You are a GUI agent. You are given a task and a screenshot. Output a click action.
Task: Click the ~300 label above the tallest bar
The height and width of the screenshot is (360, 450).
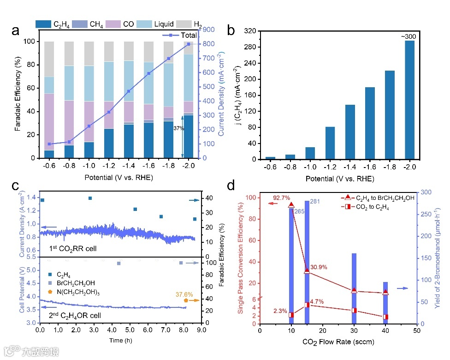click(x=409, y=36)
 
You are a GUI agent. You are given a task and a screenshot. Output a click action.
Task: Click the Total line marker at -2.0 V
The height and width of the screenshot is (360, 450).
click(x=189, y=44)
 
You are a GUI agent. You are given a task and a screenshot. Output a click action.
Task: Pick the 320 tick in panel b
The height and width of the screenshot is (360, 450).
click(x=251, y=31)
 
